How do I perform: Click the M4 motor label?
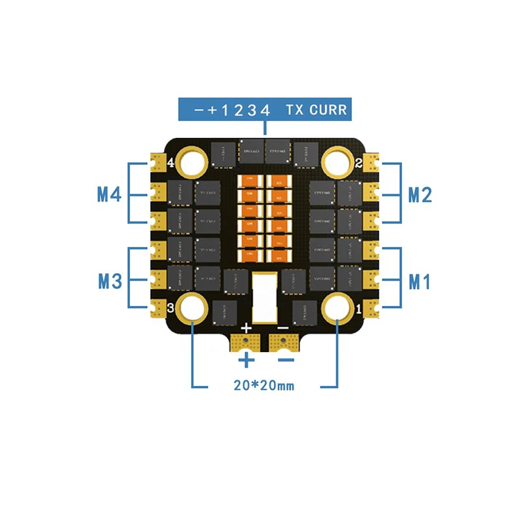[109, 194]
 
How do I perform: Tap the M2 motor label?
[420, 194]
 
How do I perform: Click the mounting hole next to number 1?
[338, 307]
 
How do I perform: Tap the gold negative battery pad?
[283, 342]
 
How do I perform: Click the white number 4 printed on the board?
[171, 162]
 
